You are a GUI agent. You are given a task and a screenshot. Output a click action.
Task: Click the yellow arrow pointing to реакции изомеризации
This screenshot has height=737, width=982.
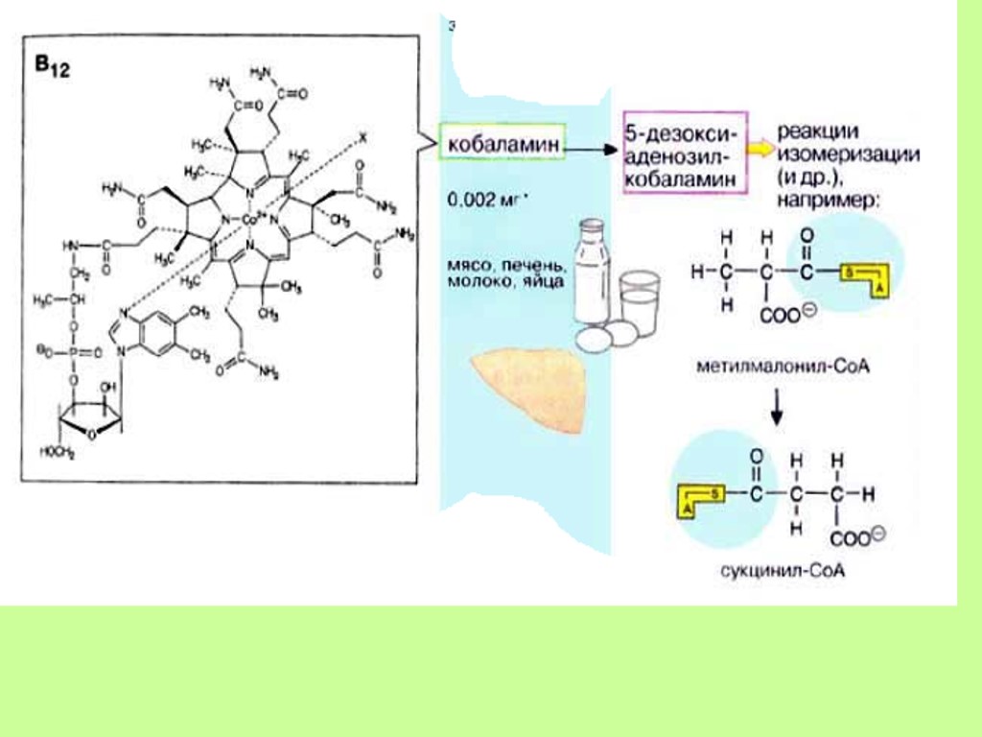pos(759,150)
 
